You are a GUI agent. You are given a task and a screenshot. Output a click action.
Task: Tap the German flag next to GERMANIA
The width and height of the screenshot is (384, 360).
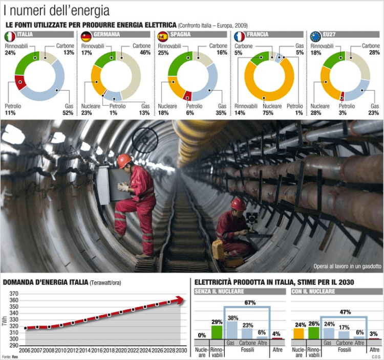coord(86,36)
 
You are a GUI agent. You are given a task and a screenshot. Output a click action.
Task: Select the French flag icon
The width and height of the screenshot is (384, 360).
coord(239,36)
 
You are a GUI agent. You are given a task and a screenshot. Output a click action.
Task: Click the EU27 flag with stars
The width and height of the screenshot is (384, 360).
coord(316,36)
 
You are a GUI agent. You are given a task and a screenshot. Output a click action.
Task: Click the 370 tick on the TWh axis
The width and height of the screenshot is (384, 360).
coord(14,294)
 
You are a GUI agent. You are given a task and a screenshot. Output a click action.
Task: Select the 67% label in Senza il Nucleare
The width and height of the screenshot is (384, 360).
coord(249,303)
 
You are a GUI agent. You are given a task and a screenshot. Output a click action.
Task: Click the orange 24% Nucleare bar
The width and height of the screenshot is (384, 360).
coord(298,333)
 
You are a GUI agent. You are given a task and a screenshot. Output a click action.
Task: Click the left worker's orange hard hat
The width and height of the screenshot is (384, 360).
coord(124,161)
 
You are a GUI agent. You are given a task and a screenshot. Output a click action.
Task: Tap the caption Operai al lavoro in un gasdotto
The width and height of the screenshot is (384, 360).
coord(348,266)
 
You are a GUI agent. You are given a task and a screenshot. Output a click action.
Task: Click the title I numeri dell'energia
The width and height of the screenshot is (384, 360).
coord(56,10)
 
